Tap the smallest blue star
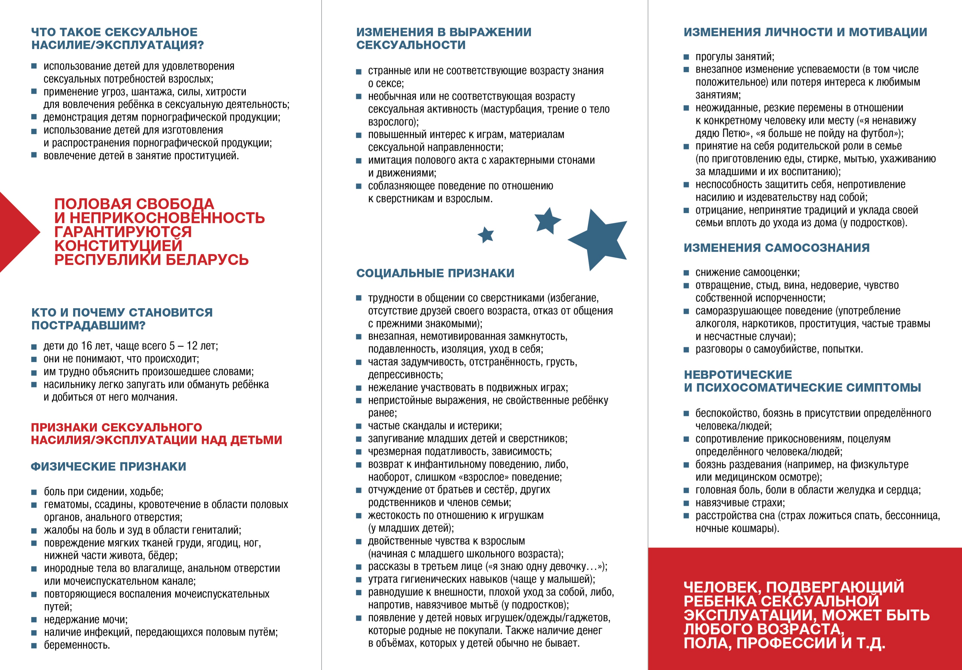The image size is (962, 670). click(x=486, y=235)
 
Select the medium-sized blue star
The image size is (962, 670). click(x=547, y=220)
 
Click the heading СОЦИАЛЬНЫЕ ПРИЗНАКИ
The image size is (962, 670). click(x=435, y=273)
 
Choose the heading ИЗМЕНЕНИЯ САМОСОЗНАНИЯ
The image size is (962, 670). click(x=776, y=248)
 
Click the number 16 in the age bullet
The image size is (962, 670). click(x=86, y=346)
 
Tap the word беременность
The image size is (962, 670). click(x=77, y=645)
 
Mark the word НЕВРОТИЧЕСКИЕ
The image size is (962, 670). click(x=738, y=374)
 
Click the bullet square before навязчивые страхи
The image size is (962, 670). click(x=686, y=503)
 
